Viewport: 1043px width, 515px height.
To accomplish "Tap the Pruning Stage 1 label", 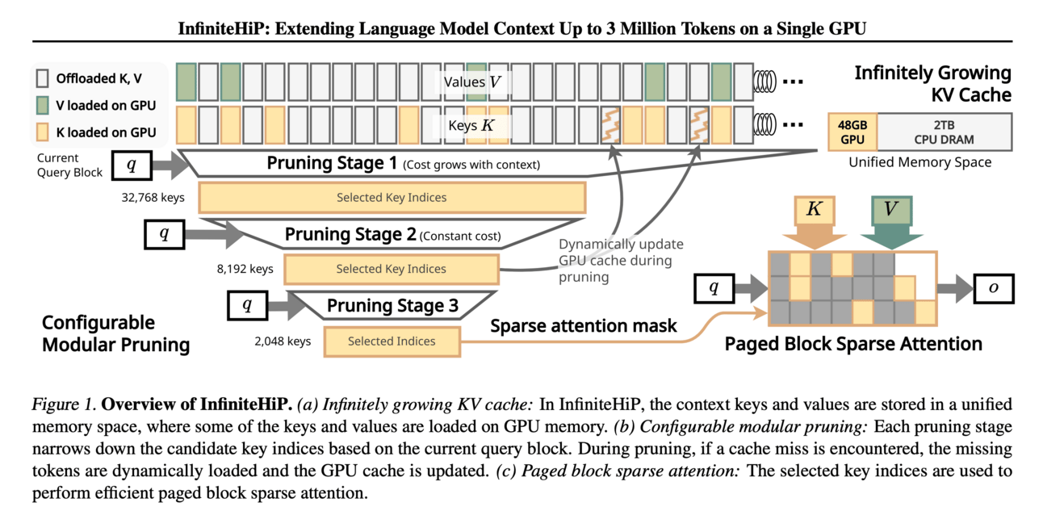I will pyautogui.click(x=333, y=164).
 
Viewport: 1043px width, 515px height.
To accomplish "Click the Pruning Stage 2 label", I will pyautogui.click(x=350, y=235).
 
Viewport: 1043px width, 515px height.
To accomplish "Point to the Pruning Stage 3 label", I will pyautogui.click(x=392, y=306).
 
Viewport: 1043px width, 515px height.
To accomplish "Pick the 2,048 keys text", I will pyautogui.click(x=282, y=341).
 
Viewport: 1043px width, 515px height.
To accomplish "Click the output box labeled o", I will pyautogui.click(x=993, y=287).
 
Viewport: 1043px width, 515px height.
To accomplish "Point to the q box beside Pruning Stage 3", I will pyautogui.click(x=248, y=306).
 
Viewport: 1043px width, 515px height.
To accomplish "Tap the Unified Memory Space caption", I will pyautogui.click(x=919, y=162).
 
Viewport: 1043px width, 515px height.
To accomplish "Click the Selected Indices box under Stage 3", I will pyautogui.click(x=392, y=341).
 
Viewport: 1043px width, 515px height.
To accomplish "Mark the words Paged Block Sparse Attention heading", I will pyautogui.click(x=853, y=344).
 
